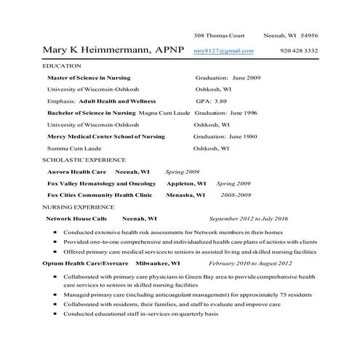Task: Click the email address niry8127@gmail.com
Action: tap(224, 51)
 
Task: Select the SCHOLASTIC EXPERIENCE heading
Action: tap(84, 159)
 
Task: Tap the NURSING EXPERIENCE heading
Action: tap(79, 207)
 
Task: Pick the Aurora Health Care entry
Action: tap(77, 172)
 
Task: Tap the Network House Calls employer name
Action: tap(76, 218)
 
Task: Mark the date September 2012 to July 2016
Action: tap(248, 218)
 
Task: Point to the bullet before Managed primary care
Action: tap(55, 296)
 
